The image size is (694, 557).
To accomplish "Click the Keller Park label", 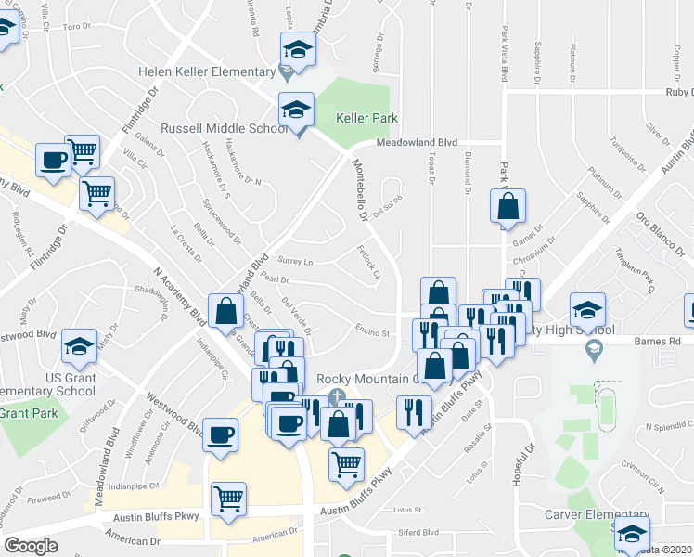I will pos(366,118).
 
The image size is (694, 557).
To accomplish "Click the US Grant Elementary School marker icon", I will pos(79,347).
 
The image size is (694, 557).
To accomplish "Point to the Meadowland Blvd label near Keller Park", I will pos(417,142).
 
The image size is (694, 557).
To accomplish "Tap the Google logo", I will pos(31,546).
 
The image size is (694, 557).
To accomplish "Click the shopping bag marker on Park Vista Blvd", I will pos(508,207).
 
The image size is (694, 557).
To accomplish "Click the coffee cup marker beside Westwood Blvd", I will pos(220,434).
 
